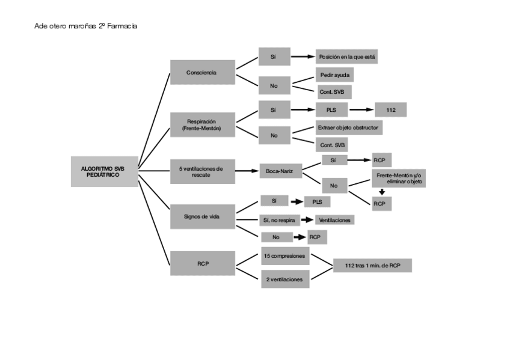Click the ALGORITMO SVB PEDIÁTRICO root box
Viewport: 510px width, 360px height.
coord(105,171)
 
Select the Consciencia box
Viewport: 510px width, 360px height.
coord(203,72)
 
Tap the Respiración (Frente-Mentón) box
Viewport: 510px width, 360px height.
coord(203,125)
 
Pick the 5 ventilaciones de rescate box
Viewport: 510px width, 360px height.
coord(203,171)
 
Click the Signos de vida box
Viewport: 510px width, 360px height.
coord(203,217)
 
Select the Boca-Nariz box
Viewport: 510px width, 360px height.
coord(281,171)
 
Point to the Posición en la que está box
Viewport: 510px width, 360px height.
coord(347,57)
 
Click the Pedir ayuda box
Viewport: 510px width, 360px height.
coord(334,75)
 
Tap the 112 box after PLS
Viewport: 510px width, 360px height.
coord(391,110)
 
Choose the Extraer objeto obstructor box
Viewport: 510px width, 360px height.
coord(349,127)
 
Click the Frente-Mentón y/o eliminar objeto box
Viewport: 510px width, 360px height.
coord(399,178)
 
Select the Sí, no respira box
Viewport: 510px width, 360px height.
coord(280,220)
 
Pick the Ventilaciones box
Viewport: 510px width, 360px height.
coord(334,220)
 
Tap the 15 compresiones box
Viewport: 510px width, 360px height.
coord(285,256)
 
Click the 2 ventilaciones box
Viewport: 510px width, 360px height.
coord(285,279)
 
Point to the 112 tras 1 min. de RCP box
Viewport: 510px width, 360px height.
coord(372,266)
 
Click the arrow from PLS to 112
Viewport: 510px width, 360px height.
coord(361,110)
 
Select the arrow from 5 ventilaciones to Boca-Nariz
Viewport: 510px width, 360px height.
coord(247,171)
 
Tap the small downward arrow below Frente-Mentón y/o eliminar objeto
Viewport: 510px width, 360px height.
coord(382,192)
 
